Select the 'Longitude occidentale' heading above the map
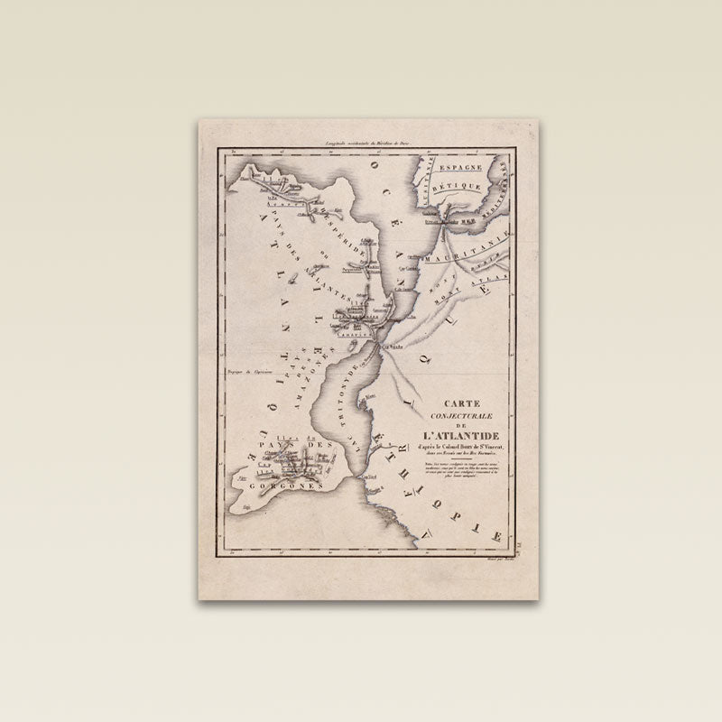click(361, 143)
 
